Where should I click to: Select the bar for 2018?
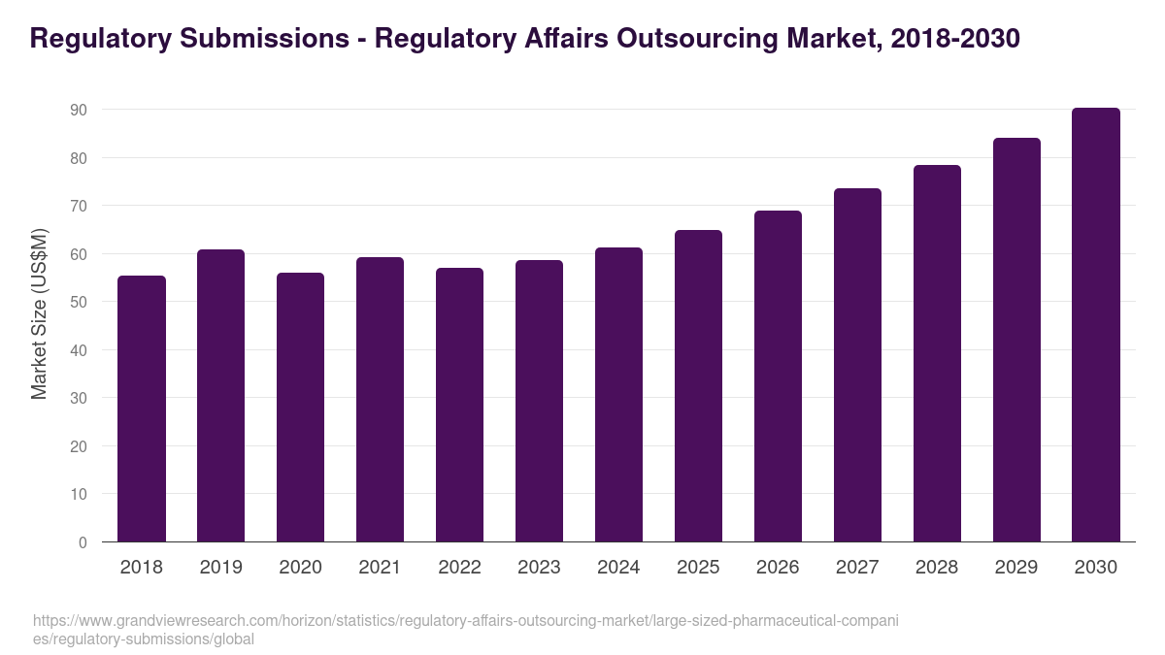point(142,409)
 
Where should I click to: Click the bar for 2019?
point(221,396)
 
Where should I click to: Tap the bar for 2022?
point(460,405)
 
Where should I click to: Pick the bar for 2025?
point(699,386)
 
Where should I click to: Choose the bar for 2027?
point(858,365)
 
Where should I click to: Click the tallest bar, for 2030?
point(1096,325)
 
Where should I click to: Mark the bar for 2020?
point(301,408)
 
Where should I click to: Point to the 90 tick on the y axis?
point(79,111)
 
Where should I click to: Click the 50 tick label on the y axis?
point(79,303)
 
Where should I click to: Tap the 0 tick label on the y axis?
point(83,542)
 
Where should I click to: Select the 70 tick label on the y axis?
point(79,207)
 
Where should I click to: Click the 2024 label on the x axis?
point(619,568)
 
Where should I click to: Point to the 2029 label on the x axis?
point(1016,568)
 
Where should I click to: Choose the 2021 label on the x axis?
point(381,568)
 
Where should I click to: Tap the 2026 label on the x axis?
point(779,568)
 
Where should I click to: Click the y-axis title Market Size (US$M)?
point(39,313)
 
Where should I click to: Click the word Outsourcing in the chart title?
point(693,39)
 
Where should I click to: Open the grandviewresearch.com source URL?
point(466,630)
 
